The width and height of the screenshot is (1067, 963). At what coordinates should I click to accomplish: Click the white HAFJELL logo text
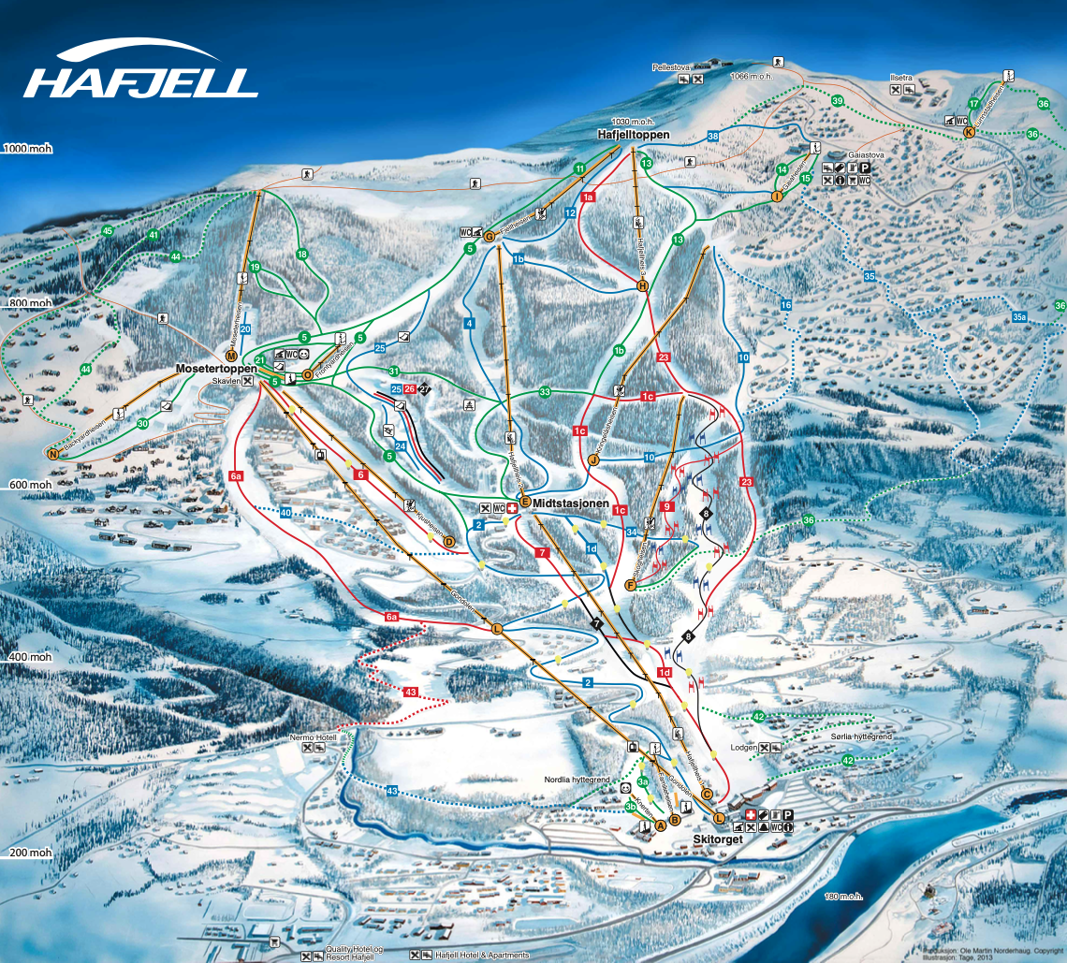pos(140,81)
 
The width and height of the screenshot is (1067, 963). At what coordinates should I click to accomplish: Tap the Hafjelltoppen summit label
pos(634,135)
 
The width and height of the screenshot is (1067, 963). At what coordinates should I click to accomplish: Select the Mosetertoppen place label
pos(216,369)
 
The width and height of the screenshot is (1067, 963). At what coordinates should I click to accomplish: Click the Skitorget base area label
pos(718,839)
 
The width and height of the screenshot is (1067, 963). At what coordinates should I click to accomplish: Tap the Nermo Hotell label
pos(313,737)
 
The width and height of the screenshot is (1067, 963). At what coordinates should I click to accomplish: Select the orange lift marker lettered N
pos(52,454)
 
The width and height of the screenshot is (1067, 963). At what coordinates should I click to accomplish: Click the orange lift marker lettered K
pos(969,133)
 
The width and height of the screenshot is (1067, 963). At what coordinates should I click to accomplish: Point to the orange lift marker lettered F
pos(631,586)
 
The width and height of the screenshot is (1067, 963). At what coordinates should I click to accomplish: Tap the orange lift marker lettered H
pos(643,286)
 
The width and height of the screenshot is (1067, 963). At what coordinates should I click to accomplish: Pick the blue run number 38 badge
pos(713,137)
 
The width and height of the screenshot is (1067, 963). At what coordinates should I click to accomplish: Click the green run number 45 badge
pos(108,231)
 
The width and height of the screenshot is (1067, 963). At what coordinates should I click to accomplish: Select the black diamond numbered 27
pos(424,388)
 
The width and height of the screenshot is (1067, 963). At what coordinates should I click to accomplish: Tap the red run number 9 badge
pos(667,506)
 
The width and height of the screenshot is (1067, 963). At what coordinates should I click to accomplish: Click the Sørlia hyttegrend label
pos(861,737)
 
